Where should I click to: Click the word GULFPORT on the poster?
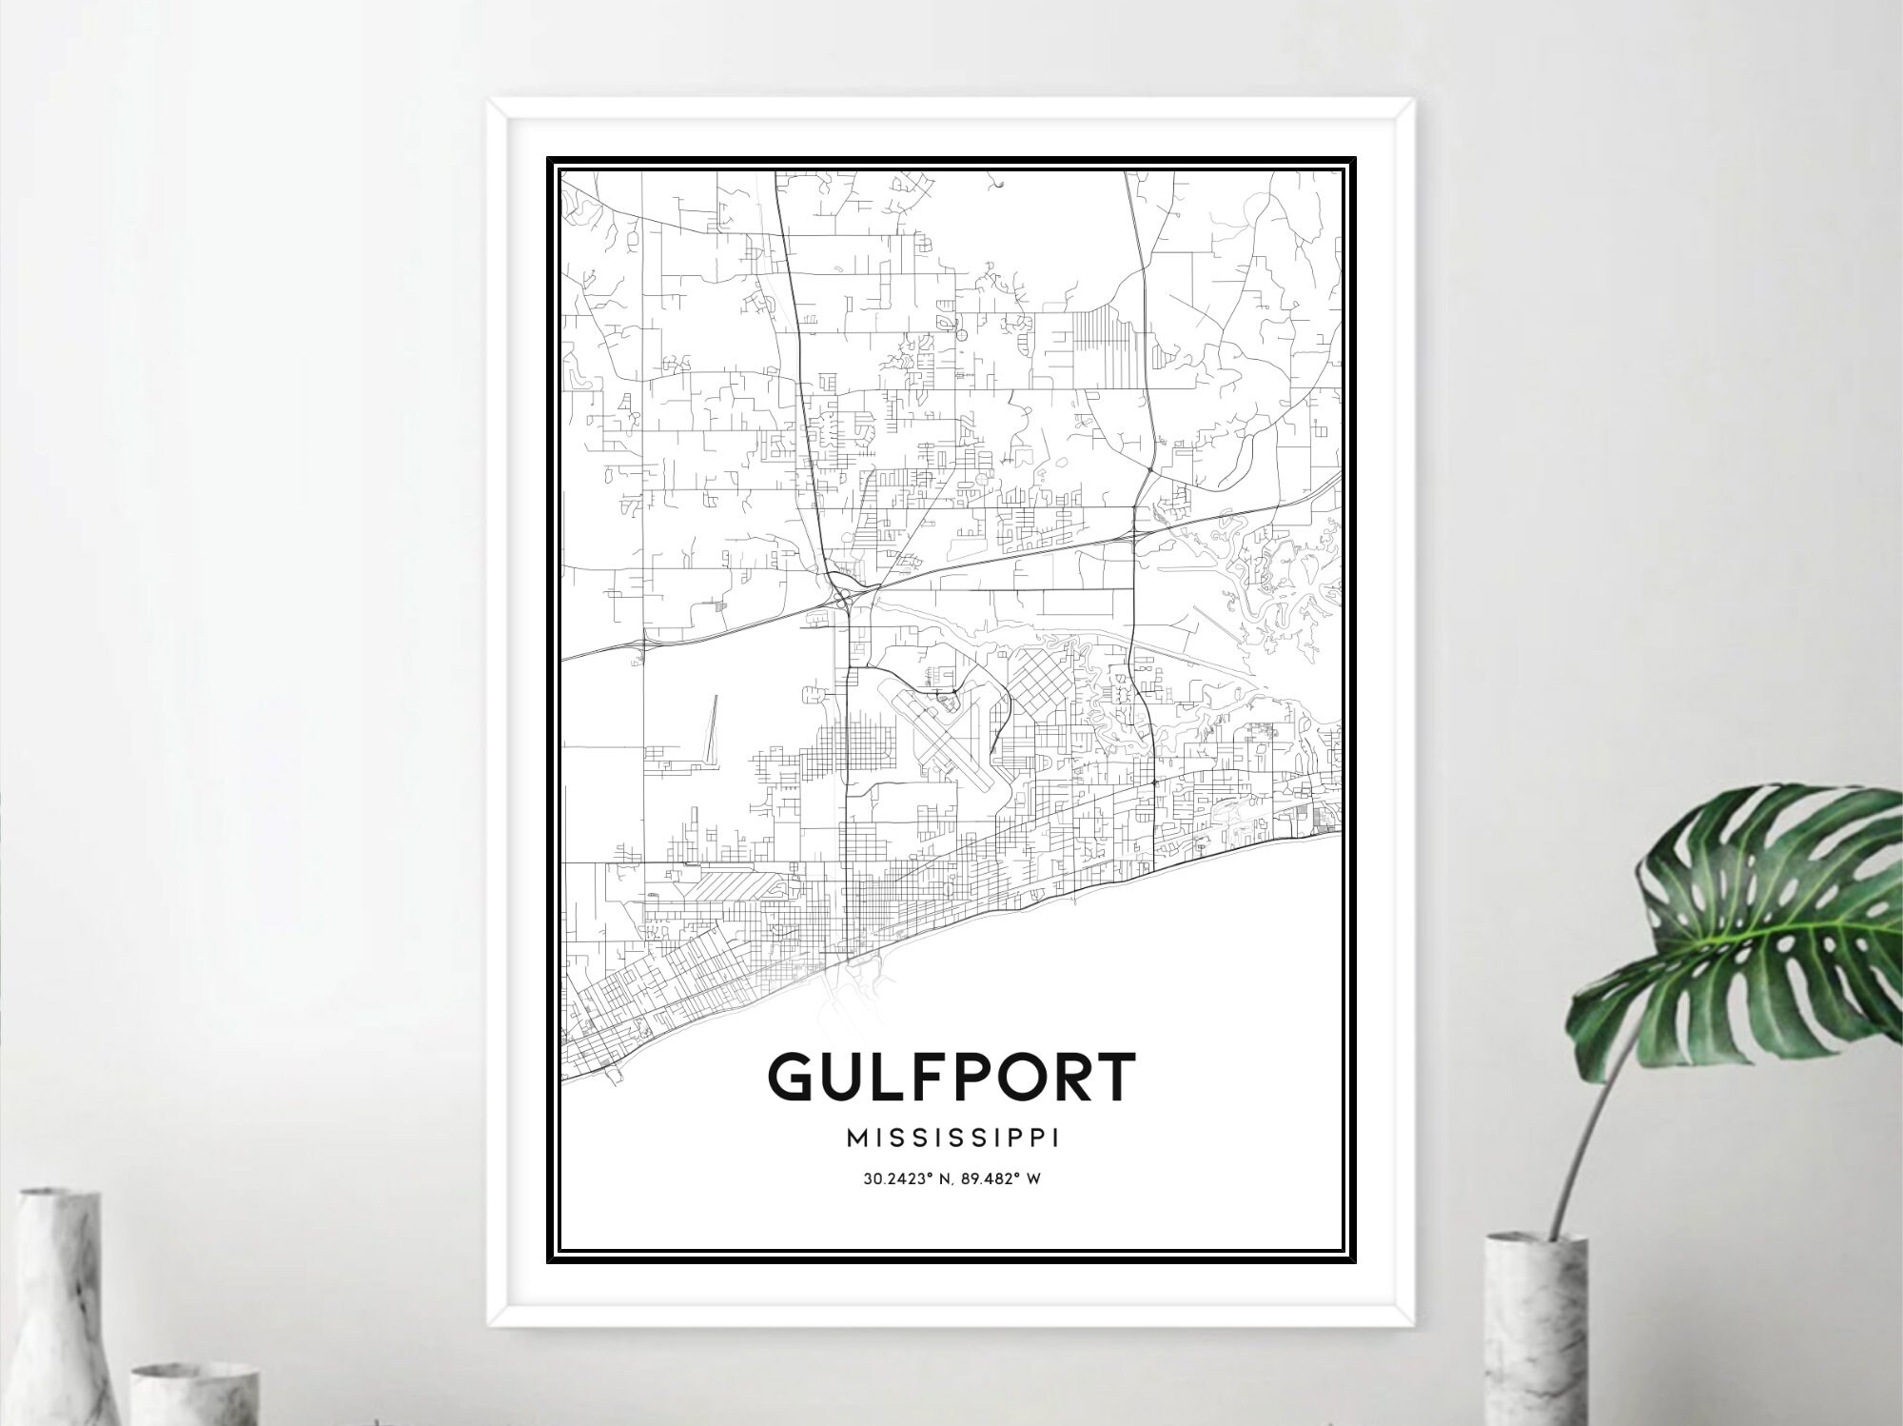951,1078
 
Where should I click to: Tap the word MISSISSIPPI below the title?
951,1139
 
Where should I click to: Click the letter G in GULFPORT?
794,1078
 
